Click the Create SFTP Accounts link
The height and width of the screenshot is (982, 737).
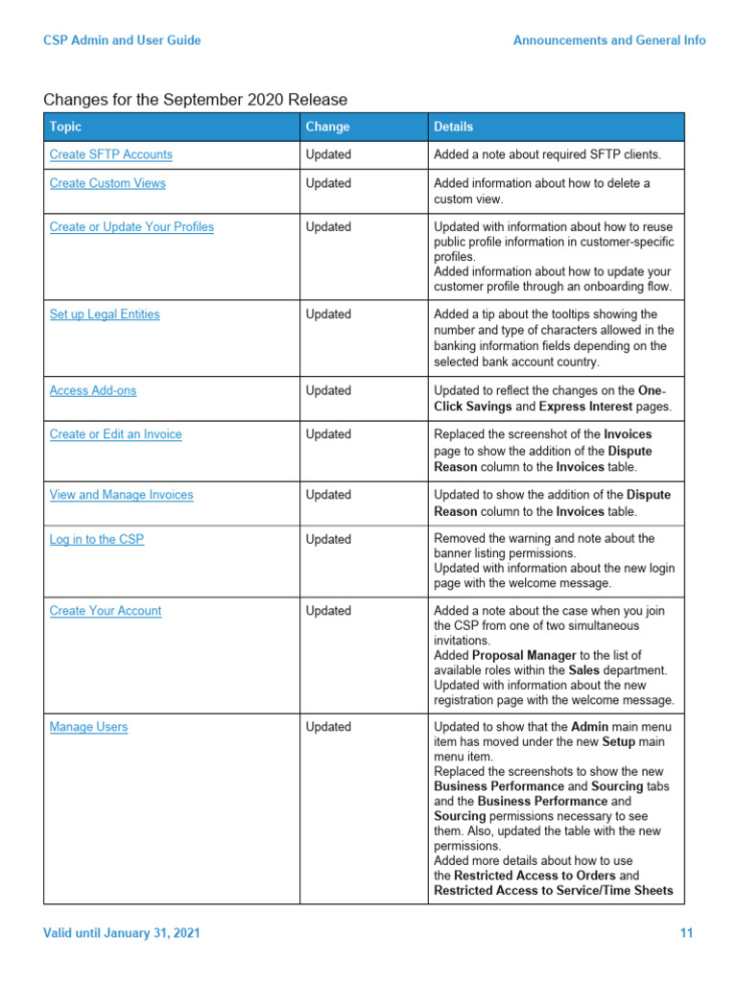pos(110,154)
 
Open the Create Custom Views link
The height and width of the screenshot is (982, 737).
pos(107,183)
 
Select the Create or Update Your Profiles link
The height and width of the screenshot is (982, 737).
pos(131,227)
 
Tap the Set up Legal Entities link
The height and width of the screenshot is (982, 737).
pos(105,315)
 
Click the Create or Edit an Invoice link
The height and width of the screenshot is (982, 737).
pos(115,434)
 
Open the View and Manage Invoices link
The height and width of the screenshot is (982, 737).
pos(121,495)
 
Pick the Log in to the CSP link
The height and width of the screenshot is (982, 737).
pos(96,540)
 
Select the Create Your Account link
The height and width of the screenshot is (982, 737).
pos(106,611)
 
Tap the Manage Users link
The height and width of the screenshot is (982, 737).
pos(88,727)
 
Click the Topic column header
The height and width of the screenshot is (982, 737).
pos(65,127)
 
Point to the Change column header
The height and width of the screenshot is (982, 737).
pos(327,127)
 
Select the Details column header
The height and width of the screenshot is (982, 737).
pos(453,127)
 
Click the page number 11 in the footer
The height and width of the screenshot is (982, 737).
pos(686,933)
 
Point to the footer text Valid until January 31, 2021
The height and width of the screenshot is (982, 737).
pos(122,933)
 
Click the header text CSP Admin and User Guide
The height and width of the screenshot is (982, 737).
pos(122,40)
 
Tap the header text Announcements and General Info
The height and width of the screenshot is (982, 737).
pos(609,40)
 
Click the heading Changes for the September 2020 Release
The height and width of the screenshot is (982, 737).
pos(196,100)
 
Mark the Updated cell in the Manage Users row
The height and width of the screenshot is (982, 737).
pos(328,727)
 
